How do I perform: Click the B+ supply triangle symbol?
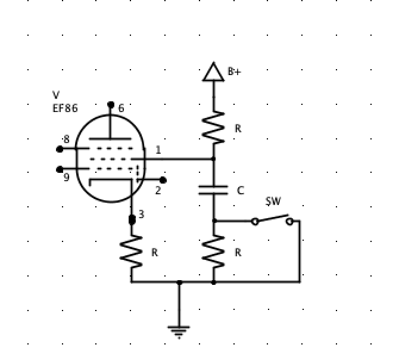(214, 72)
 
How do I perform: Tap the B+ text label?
(235, 72)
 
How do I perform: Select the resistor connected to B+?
(214, 128)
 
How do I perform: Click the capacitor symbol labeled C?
(214, 190)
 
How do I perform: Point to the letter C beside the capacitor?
(240, 191)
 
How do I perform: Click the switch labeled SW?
(272, 220)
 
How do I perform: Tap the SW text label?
(273, 201)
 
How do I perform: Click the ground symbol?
(179, 331)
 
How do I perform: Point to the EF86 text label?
(65, 108)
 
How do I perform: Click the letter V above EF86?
(56, 95)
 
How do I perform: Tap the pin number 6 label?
(121, 108)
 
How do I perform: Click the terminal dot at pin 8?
(60, 149)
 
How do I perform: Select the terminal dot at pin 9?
(60, 169)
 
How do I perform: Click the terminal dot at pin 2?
(163, 180)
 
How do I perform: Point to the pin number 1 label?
(158, 150)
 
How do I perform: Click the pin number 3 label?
(141, 214)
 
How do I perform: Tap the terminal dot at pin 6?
(111, 105)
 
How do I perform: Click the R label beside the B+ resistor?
(238, 128)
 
